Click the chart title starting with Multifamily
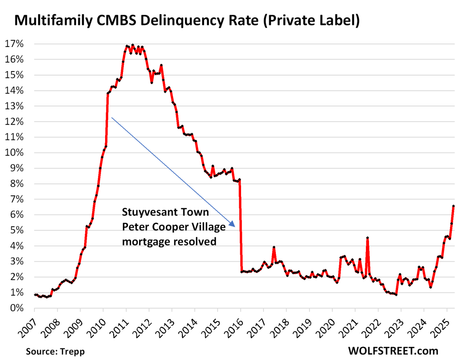pos(187,21)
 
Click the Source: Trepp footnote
pos(55,351)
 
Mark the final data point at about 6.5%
pos(453,206)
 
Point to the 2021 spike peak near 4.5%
pos(367,238)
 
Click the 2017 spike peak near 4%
pos(274,247)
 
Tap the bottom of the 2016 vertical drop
pos(242,271)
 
